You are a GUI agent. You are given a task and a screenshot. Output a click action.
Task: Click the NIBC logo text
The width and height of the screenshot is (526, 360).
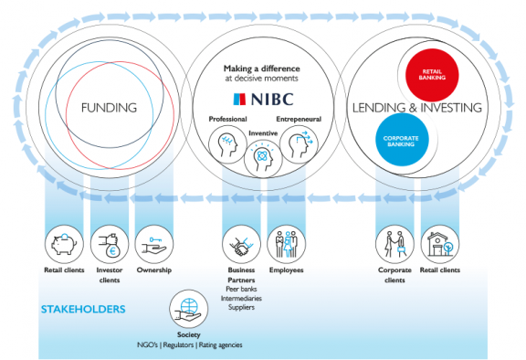263,99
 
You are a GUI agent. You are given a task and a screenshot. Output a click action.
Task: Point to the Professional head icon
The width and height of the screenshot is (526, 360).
226,142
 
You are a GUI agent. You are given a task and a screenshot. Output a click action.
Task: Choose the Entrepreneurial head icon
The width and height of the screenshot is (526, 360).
298,142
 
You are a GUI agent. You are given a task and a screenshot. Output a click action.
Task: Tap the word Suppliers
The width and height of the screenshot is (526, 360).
241,307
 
